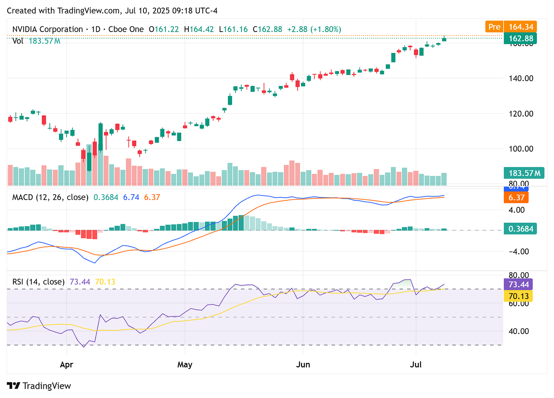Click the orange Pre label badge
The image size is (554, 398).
[x=494, y=27]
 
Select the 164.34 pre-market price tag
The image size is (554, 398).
[x=520, y=27]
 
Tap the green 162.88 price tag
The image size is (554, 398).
[x=520, y=38]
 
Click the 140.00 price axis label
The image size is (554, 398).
[x=521, y=78]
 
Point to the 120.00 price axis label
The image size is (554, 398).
[x=521, y=113]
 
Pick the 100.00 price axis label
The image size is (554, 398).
[x=521, y=149]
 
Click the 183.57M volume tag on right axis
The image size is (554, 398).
[x=524, y=173]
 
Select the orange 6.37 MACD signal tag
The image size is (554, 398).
[x=516, y=197]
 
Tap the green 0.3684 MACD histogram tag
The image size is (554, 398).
[x=520, y=229]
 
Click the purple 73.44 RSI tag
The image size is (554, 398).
[x=518, y=285]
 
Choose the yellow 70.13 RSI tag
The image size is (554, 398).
[x=518, y=296]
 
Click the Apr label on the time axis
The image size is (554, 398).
[x=67, y=364]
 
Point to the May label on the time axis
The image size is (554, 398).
[x=185, y=364]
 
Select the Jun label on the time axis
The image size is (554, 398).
[x=303, y=364]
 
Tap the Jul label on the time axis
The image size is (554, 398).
[x=415, y=364]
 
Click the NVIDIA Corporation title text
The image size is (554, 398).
[x=48, y=29]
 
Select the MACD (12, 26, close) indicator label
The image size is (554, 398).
[x=50, y=197]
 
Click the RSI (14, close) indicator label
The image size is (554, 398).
[x=38, y=282]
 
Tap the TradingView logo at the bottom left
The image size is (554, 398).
[x=39, y=386]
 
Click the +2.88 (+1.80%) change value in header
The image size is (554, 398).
[x=314, y=29]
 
